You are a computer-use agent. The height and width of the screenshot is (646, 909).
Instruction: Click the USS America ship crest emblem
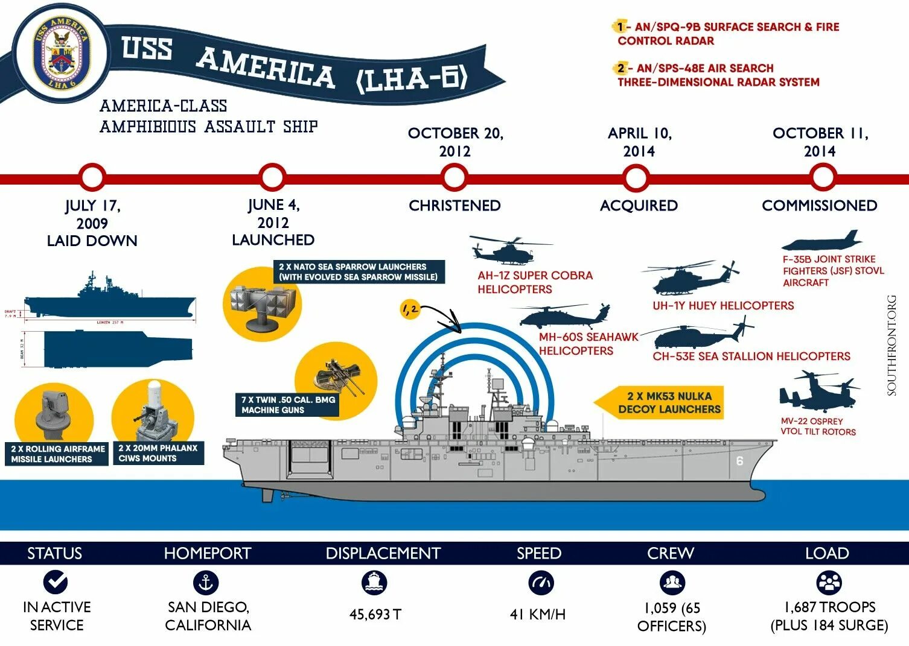(x=60, y=52)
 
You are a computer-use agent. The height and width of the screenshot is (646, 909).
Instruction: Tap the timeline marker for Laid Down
(x=92, y=177)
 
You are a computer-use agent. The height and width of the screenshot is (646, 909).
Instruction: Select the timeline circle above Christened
(x=454, y=177)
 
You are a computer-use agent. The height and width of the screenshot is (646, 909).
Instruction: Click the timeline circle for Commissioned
(x=821, y=177)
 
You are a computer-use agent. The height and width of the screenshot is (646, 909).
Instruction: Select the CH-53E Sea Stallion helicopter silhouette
(x=700, y=335)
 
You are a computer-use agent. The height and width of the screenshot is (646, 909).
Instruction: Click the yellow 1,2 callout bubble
(x=410, y=310)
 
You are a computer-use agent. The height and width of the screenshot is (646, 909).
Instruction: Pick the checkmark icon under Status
(x=56, y=583)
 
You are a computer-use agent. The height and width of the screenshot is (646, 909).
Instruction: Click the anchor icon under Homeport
(x=206, y=583)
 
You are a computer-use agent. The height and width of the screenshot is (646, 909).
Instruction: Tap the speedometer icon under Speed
(x=540, y=583)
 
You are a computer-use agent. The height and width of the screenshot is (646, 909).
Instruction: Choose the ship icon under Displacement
(x=374, y=583)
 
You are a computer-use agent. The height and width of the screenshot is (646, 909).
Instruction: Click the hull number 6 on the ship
(x=739, y=461)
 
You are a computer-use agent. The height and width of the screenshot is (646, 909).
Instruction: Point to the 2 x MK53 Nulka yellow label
(x=669, y=403)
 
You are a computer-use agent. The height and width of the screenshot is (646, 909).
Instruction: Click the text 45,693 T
(x=375, y=615)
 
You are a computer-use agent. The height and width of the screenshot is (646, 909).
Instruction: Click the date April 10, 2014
(x=639, y=142)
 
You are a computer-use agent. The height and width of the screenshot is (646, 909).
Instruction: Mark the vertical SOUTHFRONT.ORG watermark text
(x=892, y=345)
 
